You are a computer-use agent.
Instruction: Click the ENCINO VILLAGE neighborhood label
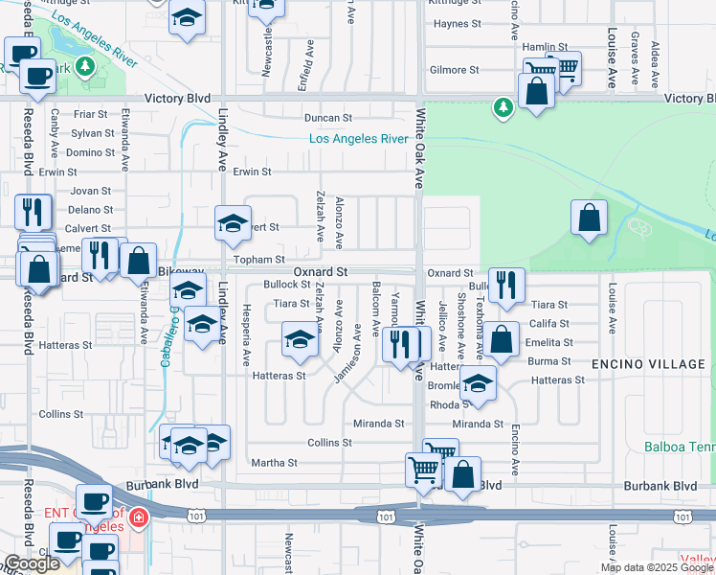(x=648, y=364)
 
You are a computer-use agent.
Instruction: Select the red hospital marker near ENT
(x=139, y=518)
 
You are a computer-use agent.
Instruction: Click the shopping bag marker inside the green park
(x=589, y=218)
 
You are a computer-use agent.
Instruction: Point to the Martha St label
(x=275, y=463)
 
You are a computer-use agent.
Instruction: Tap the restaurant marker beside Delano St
(x=33, y=211)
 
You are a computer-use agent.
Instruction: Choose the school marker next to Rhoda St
(x=477, y=383)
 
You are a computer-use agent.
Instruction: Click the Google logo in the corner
(x=32, y=563)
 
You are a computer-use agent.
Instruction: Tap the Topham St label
(x=259, y=259)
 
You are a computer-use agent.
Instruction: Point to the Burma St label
(x=550, y=361)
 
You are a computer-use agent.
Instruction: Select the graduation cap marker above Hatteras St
(x=300, y=340)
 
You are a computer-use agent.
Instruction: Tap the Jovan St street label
(x=91, y=191)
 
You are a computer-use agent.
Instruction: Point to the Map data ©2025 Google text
(x=658, y=567)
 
